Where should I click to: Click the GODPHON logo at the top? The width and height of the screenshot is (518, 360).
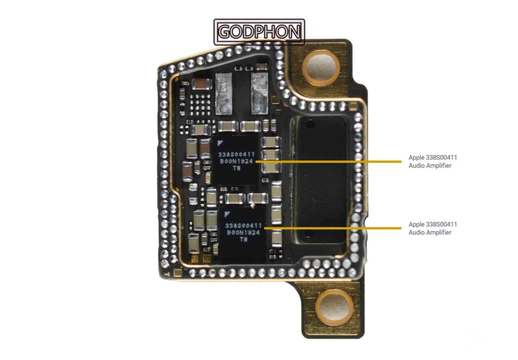click(260, 32)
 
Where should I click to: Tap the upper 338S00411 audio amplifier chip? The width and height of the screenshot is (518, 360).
click(236, 161)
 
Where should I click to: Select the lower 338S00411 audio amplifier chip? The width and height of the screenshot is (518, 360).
click(243, 232)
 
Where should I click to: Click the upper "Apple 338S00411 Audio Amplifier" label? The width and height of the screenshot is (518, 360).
click(433, 162)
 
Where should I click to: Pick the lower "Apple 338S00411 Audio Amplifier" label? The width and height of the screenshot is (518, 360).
click(433, 228)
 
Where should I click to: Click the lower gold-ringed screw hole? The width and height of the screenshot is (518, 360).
click(334, 307)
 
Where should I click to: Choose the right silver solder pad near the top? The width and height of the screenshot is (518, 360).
click(260, 93)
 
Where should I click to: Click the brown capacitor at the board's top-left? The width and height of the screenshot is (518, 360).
click(200, 84)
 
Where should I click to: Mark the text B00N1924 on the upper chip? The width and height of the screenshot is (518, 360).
click(237, 162)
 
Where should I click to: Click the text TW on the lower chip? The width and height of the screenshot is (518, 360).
click(244, 239)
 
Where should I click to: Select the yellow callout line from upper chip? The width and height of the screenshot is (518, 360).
click(328, 162)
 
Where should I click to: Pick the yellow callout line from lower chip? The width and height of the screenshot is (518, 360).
click(332, 228)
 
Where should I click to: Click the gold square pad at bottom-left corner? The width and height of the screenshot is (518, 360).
click(178, 273)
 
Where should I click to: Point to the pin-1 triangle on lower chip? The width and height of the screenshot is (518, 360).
click(227, 215)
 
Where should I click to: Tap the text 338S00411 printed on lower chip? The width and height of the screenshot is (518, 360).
click(243, 225)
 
